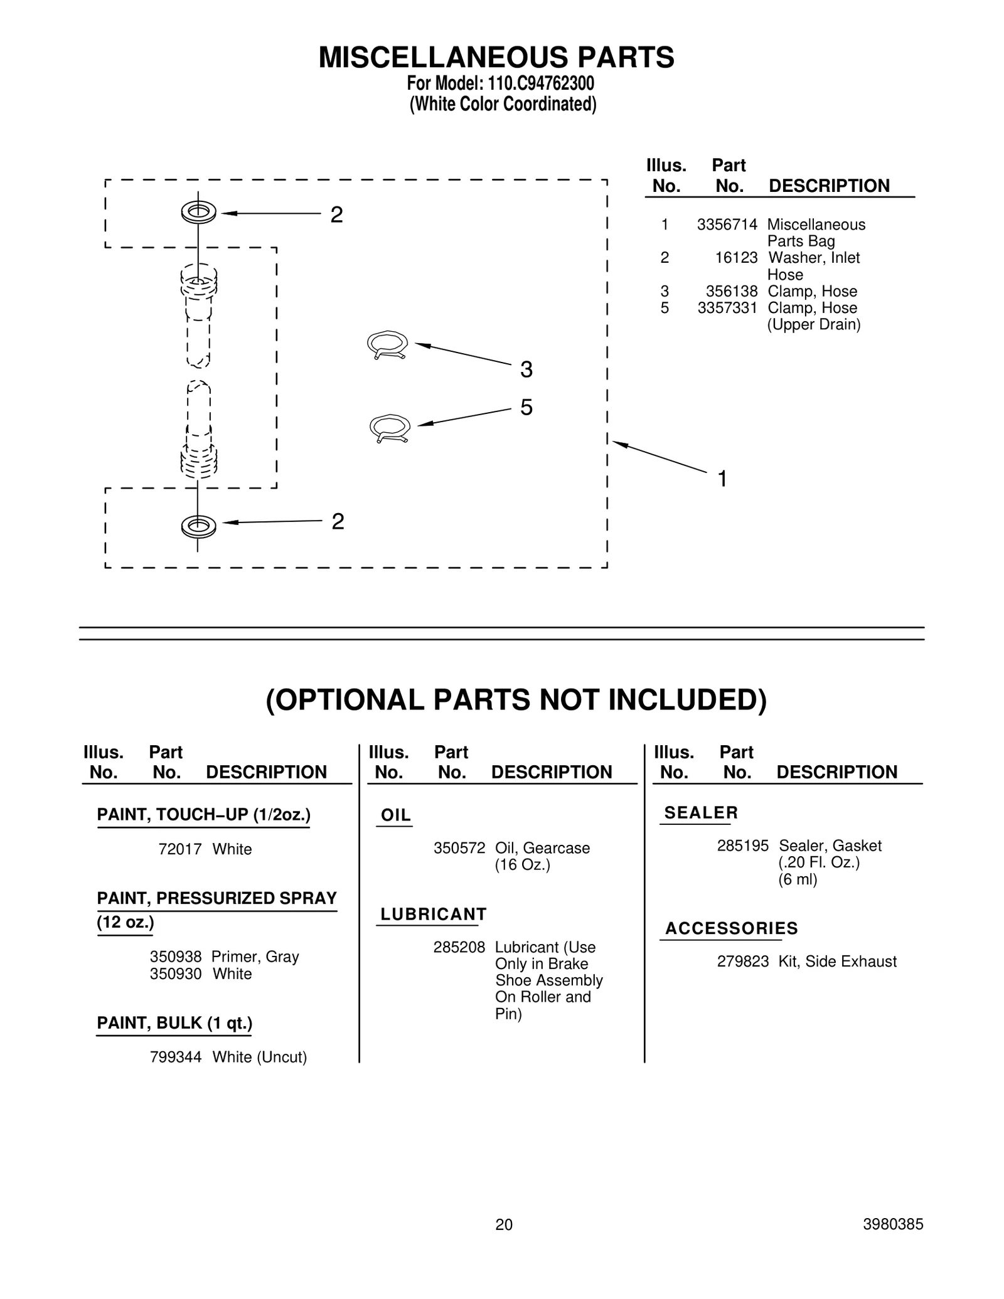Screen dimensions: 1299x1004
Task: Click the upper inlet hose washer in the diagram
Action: coord(198,213)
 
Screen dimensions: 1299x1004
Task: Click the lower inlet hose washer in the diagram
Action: coord(198,526)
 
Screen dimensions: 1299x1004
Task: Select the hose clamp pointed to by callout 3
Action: coord(387,345)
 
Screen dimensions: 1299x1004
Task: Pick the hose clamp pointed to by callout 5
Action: coord(390,428)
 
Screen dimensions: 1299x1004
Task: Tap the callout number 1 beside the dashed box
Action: coord(722,479)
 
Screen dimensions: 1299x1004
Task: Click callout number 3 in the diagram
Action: coord(526,369)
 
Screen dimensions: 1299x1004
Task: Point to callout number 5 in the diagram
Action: coord(526,408)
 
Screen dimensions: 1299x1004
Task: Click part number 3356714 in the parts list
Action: coord(727,225)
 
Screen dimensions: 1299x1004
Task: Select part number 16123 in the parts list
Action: coord(736,258)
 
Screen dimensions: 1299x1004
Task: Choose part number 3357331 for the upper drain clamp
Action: coord(727,308)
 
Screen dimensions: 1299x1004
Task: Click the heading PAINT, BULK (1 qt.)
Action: coord(174,1023)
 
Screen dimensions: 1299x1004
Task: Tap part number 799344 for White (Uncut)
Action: coord(176,1057)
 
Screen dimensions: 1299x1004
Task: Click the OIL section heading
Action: coord(396,815)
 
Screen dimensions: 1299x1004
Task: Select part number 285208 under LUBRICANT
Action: coord(459,947)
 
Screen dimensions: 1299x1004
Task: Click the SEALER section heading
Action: coord(701,813)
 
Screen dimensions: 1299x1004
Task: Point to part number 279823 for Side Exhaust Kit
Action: coord(742,962)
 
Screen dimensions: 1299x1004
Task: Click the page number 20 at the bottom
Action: coord(504,1224)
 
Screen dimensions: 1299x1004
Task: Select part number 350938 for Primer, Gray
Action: coord(176,957)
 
